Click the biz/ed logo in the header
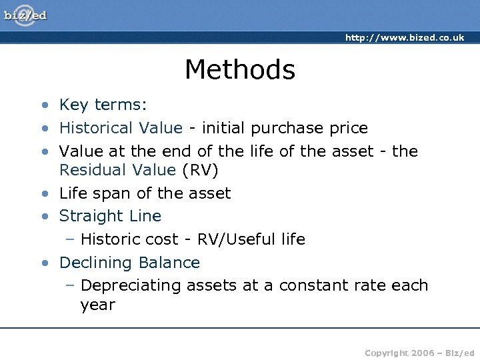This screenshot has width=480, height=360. pyautogui.click(x=26, y=15)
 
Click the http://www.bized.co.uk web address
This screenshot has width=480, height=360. pyautogui.click(x=405, y=37)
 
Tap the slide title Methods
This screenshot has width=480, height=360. pyautogui.click(x=239, y=69)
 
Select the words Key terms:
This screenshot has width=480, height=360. pyautogui.click(x=103, y=105)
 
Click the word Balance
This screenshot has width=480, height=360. pyautogui.click(x=169, y=263)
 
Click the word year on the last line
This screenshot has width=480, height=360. pyautogui.click(x=97, y=305)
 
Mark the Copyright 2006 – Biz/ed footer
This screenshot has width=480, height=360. pyautogui.click(x=419, y=352)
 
